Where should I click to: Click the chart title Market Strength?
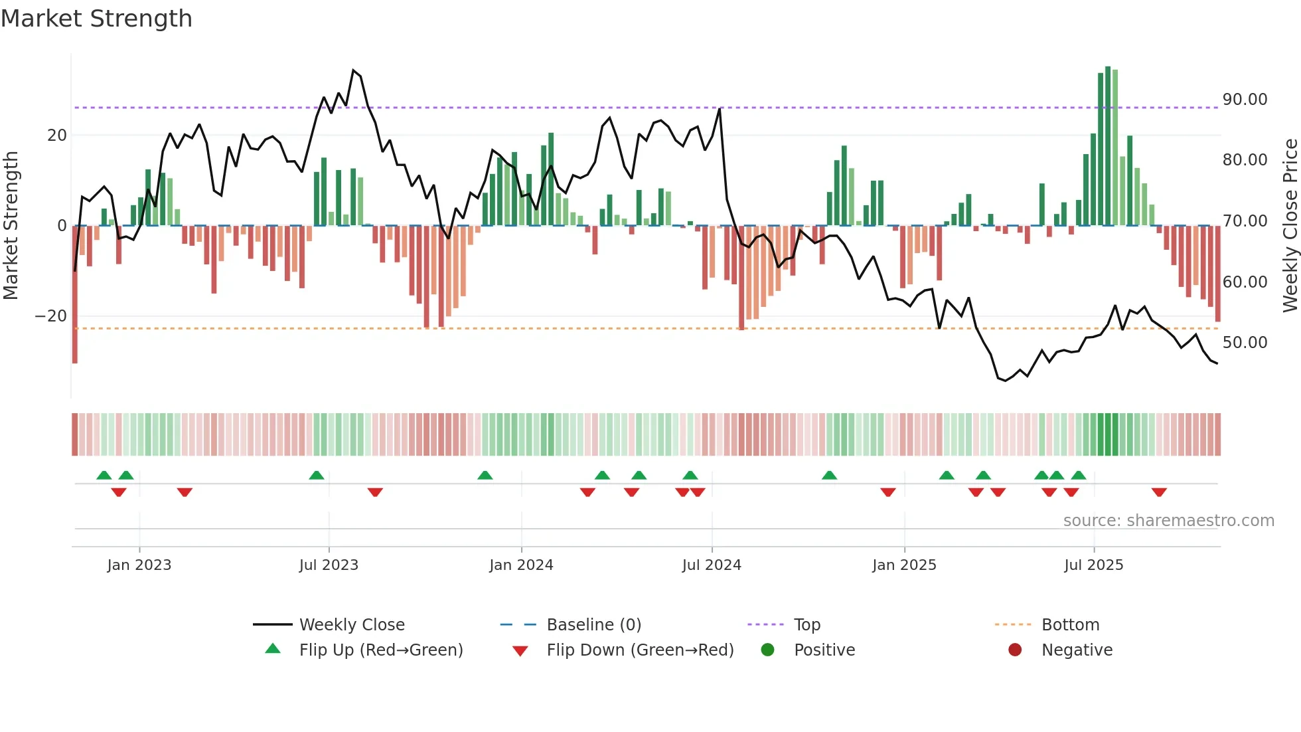point(96,19)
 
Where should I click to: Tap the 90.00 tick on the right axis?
point(1245,100)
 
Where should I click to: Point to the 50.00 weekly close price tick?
point(1245,343)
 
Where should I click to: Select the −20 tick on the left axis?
point(51,316)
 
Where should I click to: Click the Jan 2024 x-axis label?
point(521,565)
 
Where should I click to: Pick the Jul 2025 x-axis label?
point(1093,565)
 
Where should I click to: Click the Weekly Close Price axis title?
point(1290,225)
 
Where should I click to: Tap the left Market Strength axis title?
point(11,225)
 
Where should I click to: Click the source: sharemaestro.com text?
point(1168,521)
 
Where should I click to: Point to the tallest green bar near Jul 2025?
point(1108,146)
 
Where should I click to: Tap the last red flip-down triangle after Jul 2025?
point(1159,492)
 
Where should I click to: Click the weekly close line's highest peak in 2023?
point(353,70)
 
